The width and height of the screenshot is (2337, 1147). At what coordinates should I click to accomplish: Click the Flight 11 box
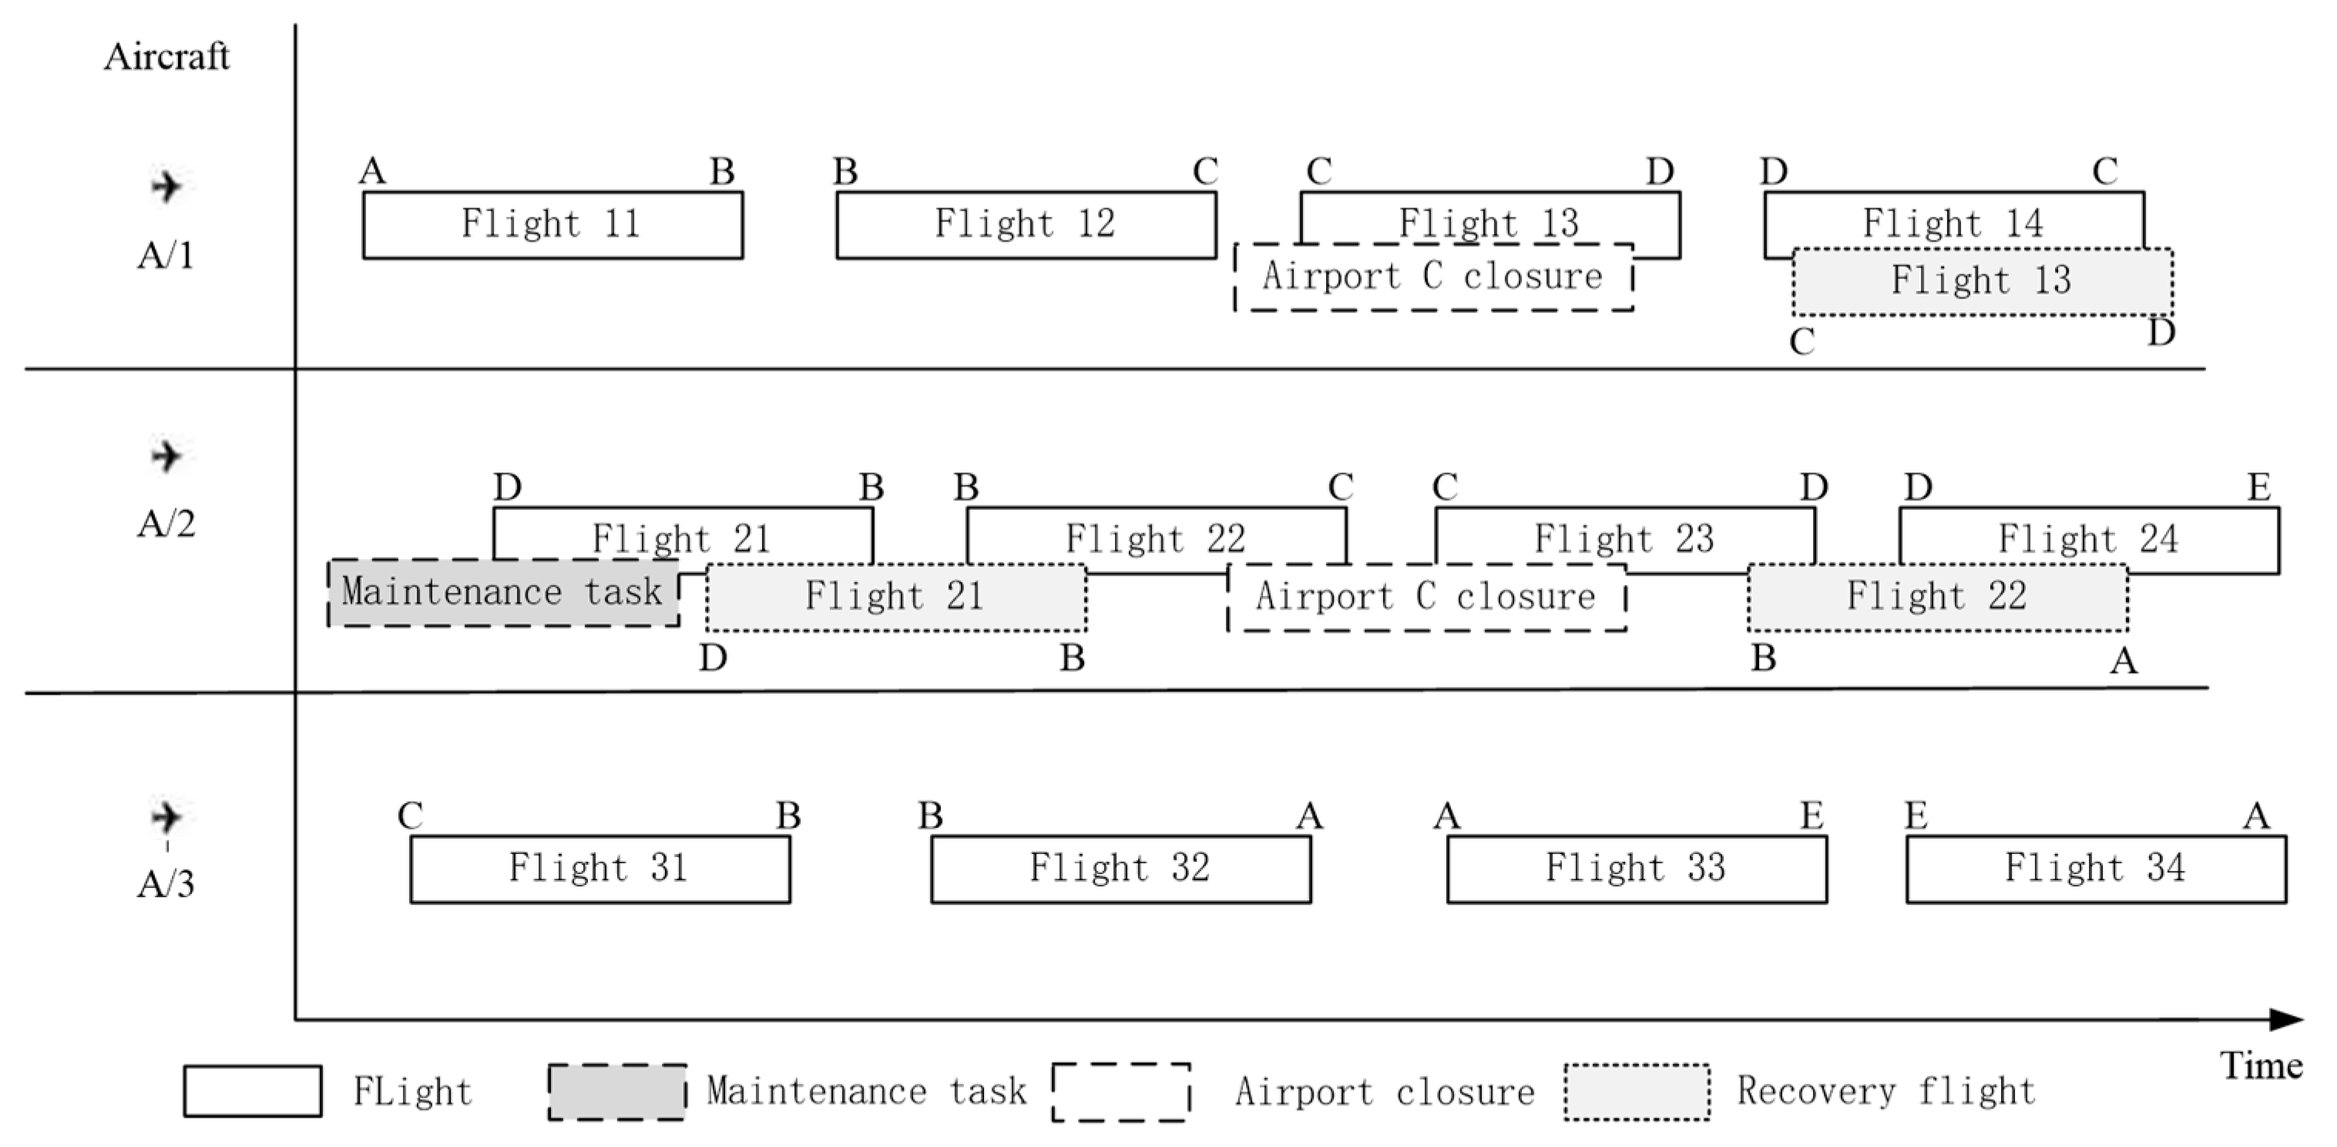coord(552,225)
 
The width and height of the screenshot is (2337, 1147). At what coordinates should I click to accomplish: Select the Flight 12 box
coord(1026,225)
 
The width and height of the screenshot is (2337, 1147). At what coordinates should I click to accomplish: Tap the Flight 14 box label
coord(1953,222)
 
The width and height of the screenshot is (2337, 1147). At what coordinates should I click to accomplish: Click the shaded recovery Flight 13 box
coord(1983,281)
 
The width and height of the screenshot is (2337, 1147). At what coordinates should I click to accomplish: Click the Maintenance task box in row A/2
coord(502,593)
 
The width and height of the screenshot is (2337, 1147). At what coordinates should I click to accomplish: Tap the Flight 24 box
coord(2088,539)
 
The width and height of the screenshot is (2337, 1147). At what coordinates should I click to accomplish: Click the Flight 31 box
coord(599,869)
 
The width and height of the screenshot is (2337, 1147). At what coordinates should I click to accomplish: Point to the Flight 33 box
coord(1637,869)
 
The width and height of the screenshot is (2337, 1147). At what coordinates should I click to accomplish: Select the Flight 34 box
coord(2096,869)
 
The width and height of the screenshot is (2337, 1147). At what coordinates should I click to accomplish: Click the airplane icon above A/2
coord(165,456)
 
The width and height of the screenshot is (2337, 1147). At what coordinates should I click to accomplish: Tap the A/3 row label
coord(165,883)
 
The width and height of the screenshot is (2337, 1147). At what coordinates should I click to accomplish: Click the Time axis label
coord(2261,1065)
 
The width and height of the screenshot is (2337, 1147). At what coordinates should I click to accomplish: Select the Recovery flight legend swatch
coord(1637,1091)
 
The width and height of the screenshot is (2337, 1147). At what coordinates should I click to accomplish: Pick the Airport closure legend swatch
coord(1121,1091)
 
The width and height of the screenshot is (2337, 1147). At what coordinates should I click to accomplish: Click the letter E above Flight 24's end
coord(2259,488)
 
